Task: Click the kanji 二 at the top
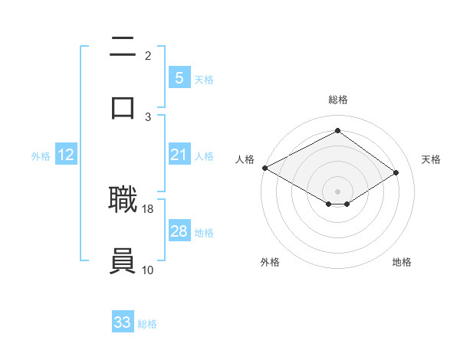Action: (x=123, y=47)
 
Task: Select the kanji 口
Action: (x=123, y=106)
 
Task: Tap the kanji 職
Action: (x=123, y=200)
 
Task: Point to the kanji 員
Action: (x=123, y=260)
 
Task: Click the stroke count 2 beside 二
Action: (x=148, y=55)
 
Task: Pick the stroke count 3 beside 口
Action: (x=148, y=116)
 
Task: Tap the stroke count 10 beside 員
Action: (x=148, y=270)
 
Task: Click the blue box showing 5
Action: (x=179, y=78)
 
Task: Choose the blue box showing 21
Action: (x=179, y=155)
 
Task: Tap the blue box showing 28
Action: (x=179, y=231)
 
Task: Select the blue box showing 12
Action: (x=66, y=155)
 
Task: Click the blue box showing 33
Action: (x=123, y=322)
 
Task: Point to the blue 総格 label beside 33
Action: (x=147, y=324)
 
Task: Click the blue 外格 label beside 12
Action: (x=41, y=155)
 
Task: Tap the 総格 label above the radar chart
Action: (x=338, y=100)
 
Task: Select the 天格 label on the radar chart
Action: (x=432, y=159)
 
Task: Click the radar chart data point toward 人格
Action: (x=264, y=168)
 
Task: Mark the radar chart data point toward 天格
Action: (x=396, y=172)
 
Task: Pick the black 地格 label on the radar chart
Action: (x=402, y=262)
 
